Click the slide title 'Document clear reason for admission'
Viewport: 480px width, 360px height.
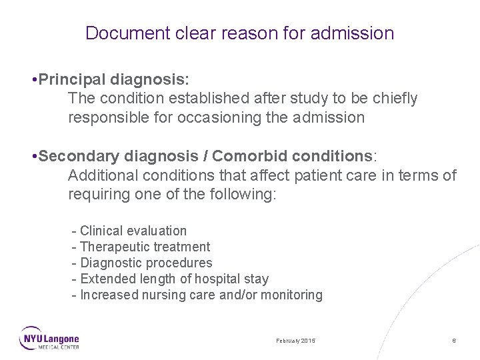(240, 33)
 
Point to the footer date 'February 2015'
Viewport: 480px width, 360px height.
(296, 340)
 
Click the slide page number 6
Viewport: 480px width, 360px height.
(453, 340)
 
